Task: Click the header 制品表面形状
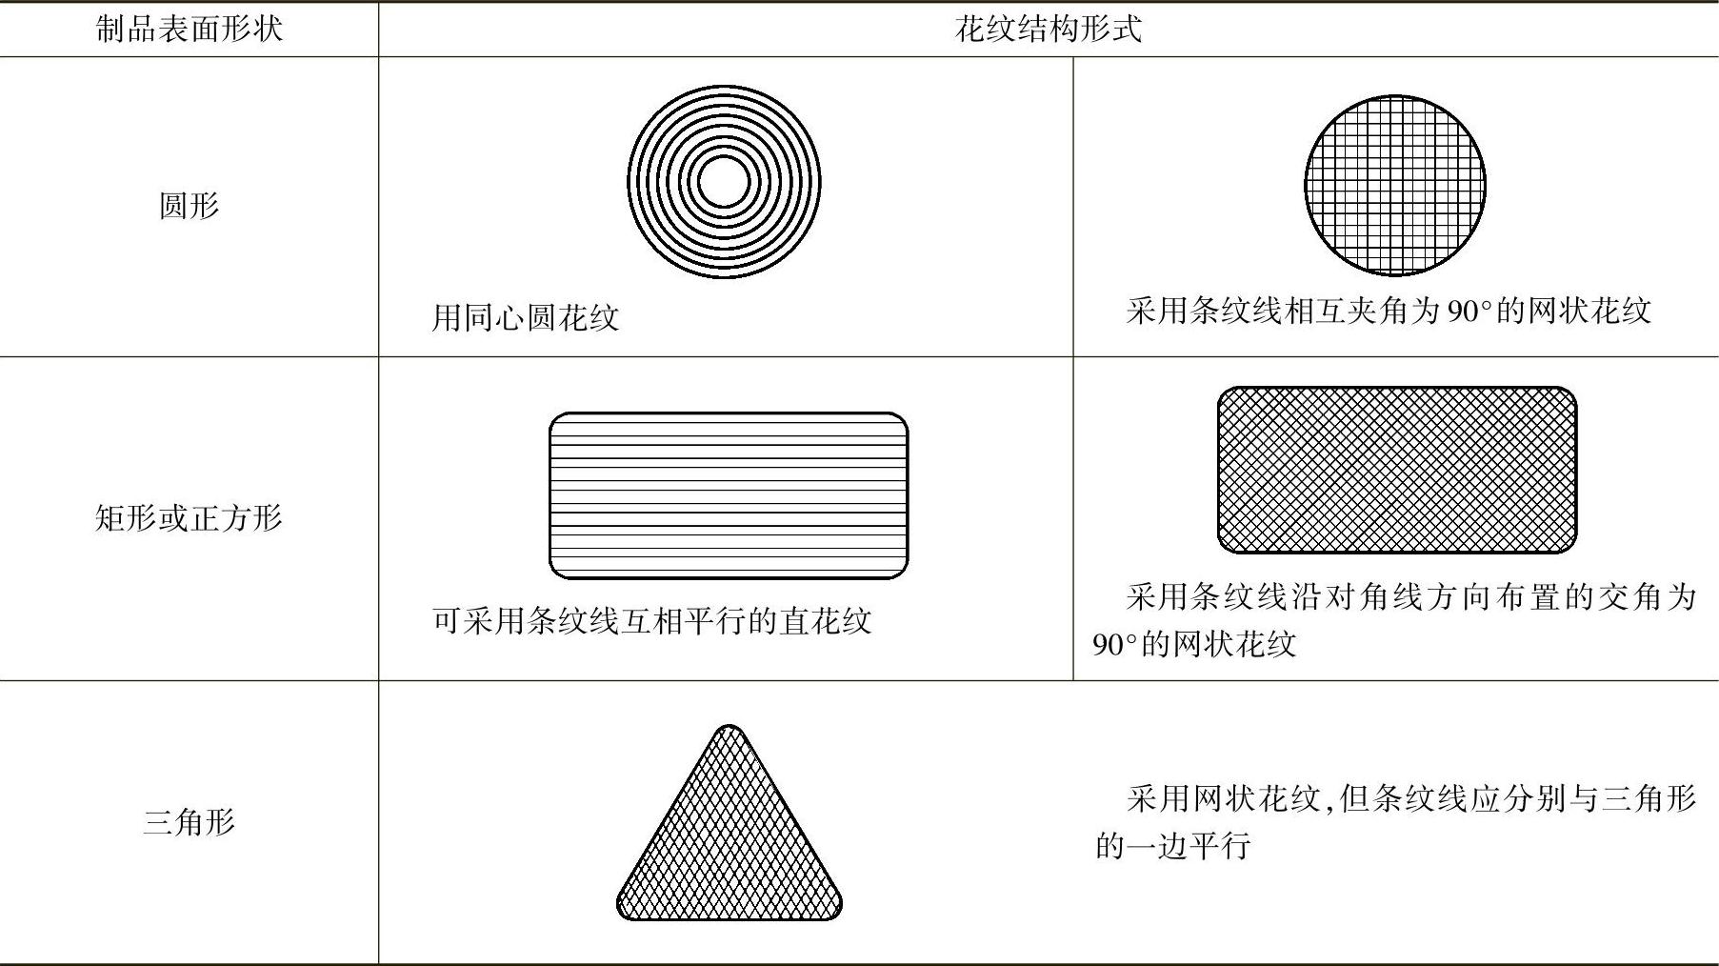coord(189,29)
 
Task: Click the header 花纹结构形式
coord(1048,29)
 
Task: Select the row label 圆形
coord(189,205)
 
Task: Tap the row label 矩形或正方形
coord(189,518)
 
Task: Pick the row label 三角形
coord(189,821)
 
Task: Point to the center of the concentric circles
coord(724,182)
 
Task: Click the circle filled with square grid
coord(1394,185)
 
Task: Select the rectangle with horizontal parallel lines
coord(729,495)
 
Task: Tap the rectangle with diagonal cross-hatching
coord(1396,470)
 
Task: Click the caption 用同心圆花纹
coord(525,317)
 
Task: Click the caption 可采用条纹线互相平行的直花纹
coord(651,621)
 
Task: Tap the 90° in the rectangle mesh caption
coord(1114,645)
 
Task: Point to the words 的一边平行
coord(1172,845)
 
